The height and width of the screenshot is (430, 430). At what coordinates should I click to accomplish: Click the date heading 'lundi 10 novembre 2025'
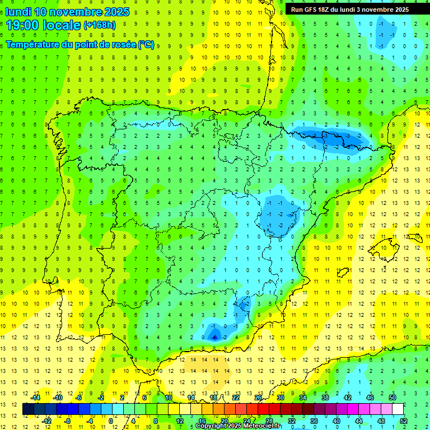click(x=67, y=12)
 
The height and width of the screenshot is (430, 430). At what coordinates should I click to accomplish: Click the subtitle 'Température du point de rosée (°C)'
click(x=80, y=44)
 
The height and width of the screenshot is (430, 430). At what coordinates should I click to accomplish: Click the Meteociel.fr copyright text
click(x=237, y=426)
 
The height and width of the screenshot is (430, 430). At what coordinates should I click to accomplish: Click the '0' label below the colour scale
click(x=110, y=420)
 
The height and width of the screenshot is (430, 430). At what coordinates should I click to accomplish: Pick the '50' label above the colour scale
click(x=392, y=398)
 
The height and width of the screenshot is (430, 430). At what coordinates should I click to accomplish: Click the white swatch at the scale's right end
click(x=398, y=409)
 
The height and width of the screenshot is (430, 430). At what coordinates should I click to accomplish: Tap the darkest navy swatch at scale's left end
click(x=29, y=409)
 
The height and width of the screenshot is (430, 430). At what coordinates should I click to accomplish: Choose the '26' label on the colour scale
click(x=258, y=398)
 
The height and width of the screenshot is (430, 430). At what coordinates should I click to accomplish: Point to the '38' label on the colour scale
click(x=325, y=398)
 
